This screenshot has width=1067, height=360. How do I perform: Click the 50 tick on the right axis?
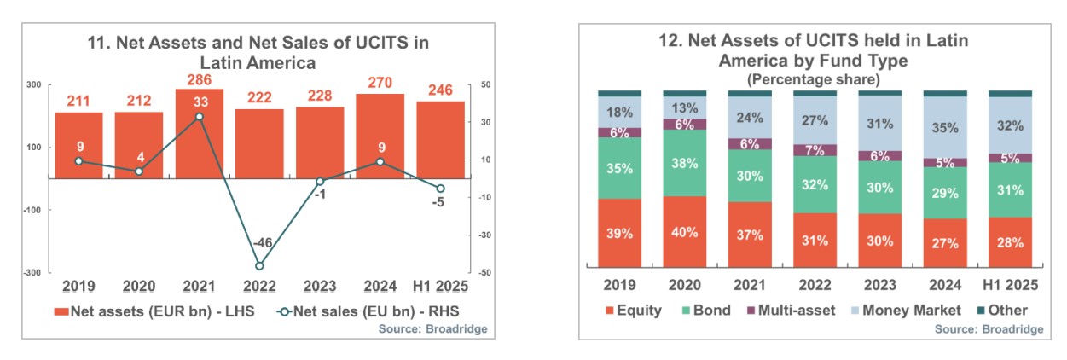[486, 85]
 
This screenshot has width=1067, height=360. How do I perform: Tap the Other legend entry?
[1000, 310]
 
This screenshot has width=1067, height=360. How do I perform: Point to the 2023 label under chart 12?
[880, 285]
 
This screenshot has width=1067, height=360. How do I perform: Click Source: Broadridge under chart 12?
[989, 328]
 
